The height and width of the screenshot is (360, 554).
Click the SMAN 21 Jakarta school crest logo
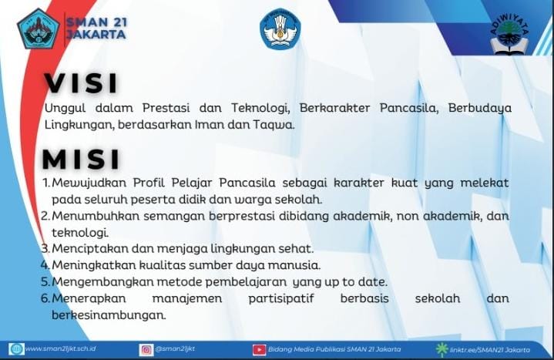(x=39, y=29)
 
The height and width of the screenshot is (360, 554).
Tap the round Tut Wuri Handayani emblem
(x=280, y=29)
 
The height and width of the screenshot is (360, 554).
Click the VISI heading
(x=81, y=83)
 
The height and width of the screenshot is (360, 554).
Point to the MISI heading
(x=81, y=160)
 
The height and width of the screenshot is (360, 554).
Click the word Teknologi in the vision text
(x=260, y=108)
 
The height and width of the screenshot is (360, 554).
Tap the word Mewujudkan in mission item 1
(x=89, y=183)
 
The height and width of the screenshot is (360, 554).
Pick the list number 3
(x=45, y=248)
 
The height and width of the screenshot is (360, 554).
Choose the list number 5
(x=45, y=281)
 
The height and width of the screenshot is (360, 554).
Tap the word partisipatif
(x=281, y=298)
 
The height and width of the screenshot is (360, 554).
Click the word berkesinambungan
(x=109, y=315)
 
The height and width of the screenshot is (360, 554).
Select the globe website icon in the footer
(x=16, y=349)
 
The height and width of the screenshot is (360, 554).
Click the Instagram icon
(x=146, y=350)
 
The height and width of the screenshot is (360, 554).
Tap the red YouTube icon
(x=260, y=350)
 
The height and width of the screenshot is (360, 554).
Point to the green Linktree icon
(x=442, y=349)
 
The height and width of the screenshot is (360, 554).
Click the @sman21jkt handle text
(x=175, y=348)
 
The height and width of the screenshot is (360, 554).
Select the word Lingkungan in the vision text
(x=79, y=124)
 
